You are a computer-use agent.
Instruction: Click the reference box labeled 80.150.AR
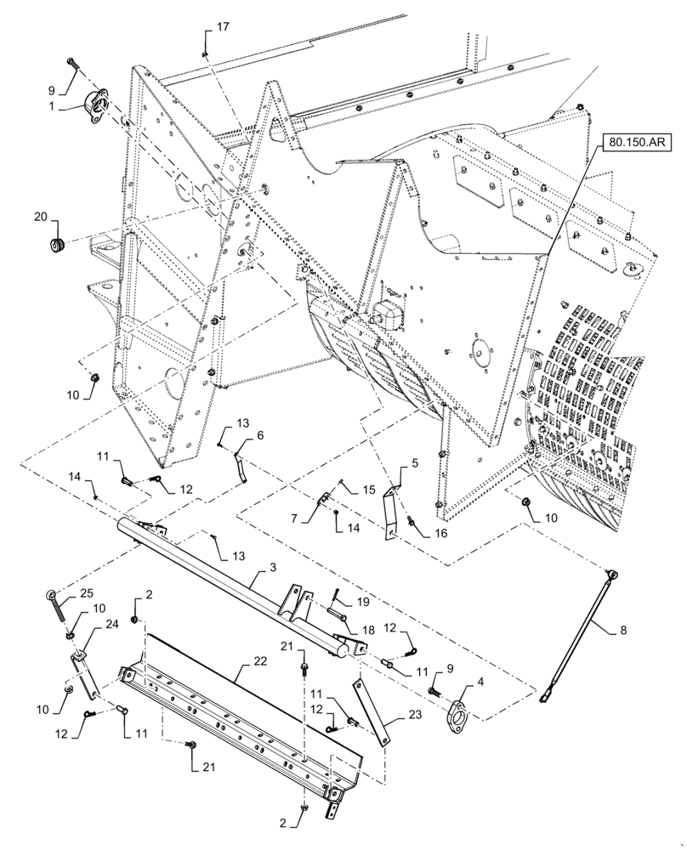[635, 145]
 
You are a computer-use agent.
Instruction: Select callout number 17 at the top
[222, 28]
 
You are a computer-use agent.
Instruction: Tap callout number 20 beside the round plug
[41, 218]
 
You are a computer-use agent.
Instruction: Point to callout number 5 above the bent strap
[414, 464]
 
